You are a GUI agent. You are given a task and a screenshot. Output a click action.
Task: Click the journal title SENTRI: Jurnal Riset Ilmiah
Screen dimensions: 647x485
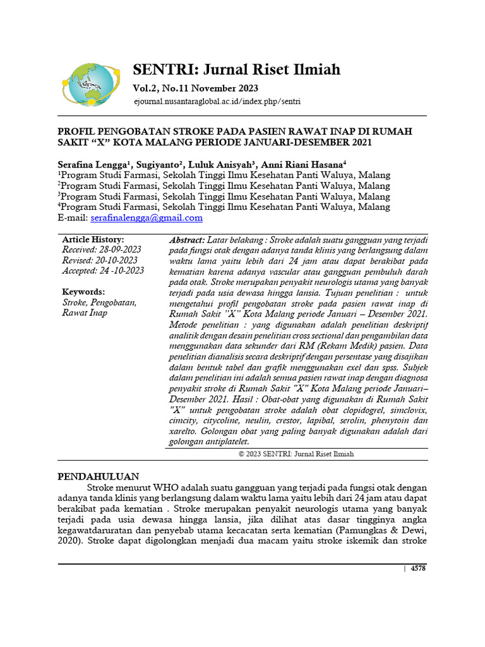tap(236, 70)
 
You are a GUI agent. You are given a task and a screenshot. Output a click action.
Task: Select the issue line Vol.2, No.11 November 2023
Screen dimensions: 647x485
tap(195, 88)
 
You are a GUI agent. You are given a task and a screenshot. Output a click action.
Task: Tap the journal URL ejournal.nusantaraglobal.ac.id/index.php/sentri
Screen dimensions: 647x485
tap(217, 101)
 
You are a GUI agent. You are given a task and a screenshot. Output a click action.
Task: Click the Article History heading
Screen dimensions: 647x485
tap(93, 240)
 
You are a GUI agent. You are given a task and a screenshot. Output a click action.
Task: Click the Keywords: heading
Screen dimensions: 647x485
tap(83, 292)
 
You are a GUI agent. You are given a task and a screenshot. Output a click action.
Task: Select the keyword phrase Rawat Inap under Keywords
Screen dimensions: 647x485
tap(85, 313)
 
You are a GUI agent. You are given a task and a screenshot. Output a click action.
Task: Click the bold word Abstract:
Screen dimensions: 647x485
tap(187, 241)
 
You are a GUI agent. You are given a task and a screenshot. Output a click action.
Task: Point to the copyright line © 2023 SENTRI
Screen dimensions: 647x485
tap(296, 454)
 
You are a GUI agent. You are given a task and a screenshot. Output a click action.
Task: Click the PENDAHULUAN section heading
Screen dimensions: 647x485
tap(99, 476)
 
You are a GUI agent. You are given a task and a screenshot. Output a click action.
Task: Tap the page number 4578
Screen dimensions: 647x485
tap(418, 569)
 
